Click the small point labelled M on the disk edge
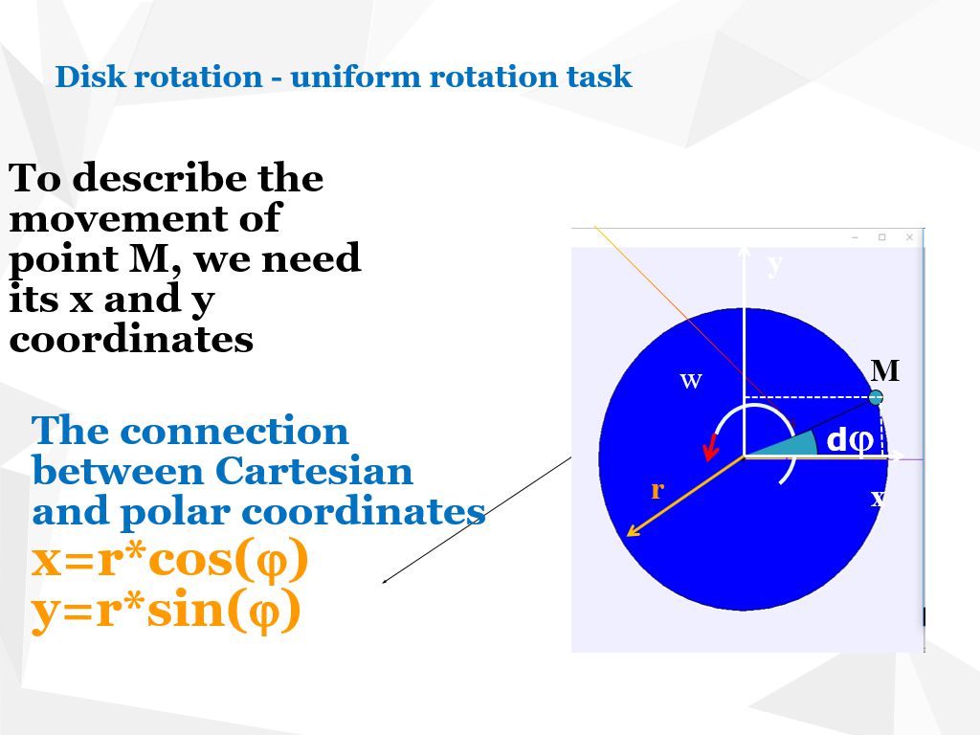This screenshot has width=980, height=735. coord(876,397)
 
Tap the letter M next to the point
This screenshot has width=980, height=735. coord(885,370)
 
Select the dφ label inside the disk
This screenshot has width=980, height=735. coord(849,441)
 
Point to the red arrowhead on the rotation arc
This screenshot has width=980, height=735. coord(710,448)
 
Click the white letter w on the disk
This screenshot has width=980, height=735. coord(691,381)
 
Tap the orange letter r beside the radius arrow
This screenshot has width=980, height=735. coord(657,490)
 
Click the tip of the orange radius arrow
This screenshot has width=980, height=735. coord(628,535)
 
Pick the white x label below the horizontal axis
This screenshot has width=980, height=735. coord(877,498)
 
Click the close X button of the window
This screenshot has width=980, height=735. coord(909,237)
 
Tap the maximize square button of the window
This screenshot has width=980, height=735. coord(882,237)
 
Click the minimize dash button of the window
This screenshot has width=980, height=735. coord(855,237)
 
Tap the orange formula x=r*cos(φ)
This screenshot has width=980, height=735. coord(170,562)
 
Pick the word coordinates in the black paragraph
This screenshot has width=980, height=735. coord(131,340)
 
